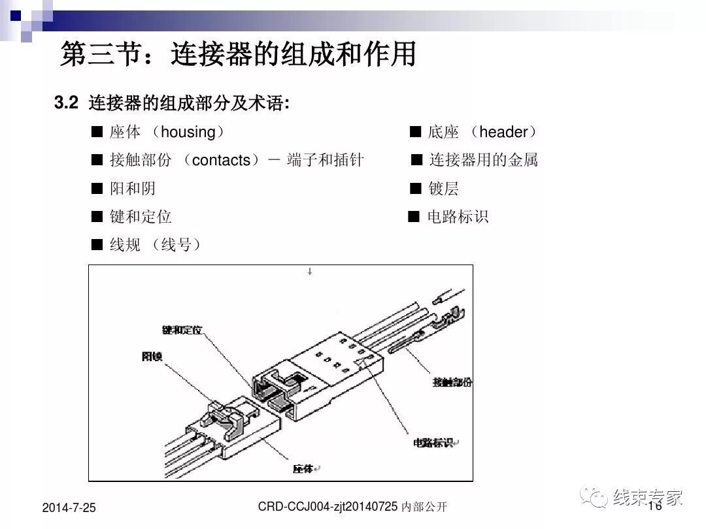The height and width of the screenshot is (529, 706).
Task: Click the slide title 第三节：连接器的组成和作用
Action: [x=238, y=55]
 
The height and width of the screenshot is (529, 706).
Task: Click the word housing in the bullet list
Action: [x=188, y=133]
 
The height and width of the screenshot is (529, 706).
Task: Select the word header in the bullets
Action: [x=503, y=133]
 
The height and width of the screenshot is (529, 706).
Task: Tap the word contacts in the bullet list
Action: [x=222, y=160]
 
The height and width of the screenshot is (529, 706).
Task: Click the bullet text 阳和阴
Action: [x=133, y=189]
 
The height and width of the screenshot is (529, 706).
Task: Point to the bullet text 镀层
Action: [x=443, y=189]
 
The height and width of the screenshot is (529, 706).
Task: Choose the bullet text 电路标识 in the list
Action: [x=458, y=217]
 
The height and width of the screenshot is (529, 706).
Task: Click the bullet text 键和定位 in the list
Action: [x=141, y=217]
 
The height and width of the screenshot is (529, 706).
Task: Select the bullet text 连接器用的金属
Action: [x=483, y=160]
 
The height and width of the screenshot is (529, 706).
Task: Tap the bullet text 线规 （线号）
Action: [x=155, y=246]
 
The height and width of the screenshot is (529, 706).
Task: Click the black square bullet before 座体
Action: [x=97, y=133]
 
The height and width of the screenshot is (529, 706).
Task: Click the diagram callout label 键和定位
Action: [x=182, y=331]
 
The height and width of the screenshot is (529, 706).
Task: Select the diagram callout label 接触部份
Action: [x=452, y=382]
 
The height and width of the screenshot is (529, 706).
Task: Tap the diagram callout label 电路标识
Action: [x=433, y=443]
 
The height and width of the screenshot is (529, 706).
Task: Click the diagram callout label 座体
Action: [x=304, y=468]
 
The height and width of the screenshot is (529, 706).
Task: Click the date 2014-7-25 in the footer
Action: [x=69, y=507]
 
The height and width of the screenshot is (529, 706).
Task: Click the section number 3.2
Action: [x=66, y=103]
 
